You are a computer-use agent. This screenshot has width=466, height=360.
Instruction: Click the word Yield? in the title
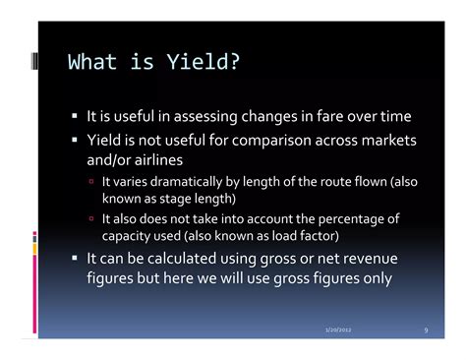(x=204, y=64)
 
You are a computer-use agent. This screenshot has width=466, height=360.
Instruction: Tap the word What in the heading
(x=90, y=64)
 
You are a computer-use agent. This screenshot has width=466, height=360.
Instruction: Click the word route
(x=325, y=183)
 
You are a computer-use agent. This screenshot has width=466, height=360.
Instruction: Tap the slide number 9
(x=426, y=329)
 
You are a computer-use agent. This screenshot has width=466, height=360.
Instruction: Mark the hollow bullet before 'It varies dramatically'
(x=91, y=184)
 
